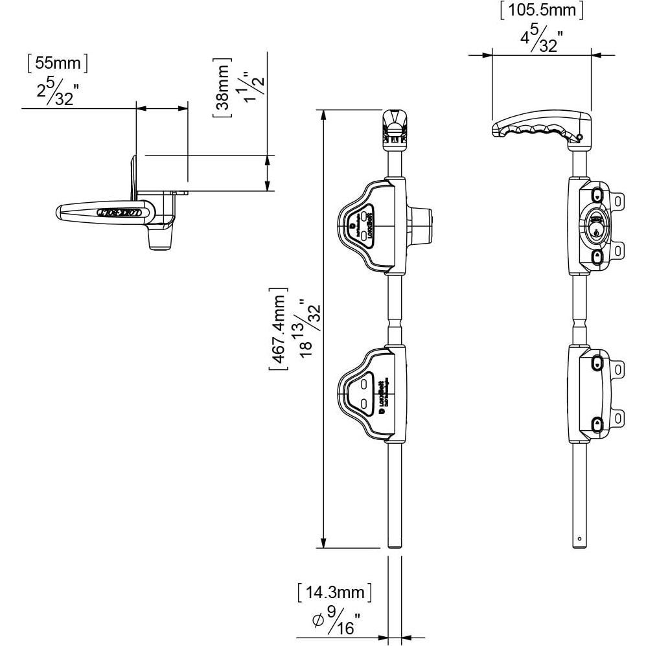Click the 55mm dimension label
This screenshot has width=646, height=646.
click(57, 63)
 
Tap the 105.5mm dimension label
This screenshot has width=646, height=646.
click(541, 10)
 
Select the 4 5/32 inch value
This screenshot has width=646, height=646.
click(541, 40)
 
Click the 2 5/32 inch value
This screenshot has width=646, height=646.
click(57, 93)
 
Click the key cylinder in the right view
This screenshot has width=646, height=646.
click(594, 227)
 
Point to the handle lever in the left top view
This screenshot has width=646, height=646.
click(104, 211)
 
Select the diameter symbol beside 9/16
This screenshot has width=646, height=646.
click(317, 621)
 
